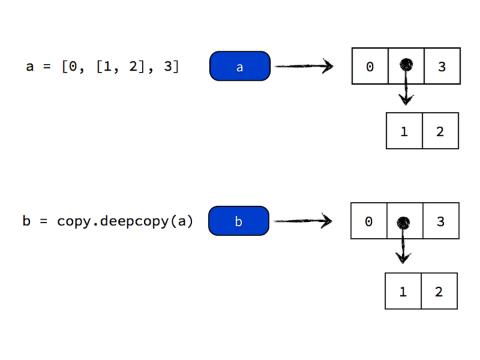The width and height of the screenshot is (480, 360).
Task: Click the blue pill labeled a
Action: (240, 66)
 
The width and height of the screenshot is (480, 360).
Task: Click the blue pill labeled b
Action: (239, 221)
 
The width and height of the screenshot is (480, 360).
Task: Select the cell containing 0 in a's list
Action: (370, 66)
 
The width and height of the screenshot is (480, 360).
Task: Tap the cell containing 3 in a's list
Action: (441, 66)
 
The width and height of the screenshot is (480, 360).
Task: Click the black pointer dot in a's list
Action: (405, 65)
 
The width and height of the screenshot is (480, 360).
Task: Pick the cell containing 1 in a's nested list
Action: (404, 131)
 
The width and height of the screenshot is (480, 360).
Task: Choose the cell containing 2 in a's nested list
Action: (440, 131)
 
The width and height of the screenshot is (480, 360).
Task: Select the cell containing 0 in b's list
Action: (369, 221)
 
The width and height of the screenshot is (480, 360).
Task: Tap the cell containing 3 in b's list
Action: (440, 221)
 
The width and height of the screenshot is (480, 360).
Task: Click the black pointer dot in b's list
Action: (403, 223)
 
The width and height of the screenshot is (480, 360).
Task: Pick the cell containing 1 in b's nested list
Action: (403, 291)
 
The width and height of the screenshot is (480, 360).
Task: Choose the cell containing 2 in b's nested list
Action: (439, 291)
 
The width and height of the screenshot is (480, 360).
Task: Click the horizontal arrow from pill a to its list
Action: (303, 66)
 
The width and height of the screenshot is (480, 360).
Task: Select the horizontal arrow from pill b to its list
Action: (302, 221)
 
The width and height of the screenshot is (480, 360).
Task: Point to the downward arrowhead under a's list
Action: (405, 99)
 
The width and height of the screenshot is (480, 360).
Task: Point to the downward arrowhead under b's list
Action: (403, 257)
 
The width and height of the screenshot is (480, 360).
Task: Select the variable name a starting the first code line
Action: (29, 67)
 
